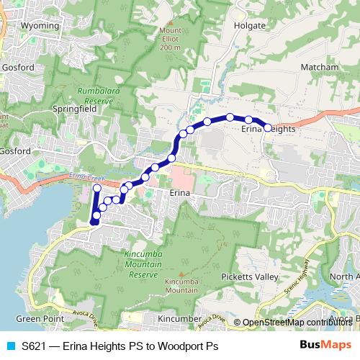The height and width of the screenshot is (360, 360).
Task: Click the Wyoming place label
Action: pos(40,25)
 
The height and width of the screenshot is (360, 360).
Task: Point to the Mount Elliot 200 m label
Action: pos(171,39)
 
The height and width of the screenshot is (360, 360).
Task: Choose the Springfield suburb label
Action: pos(75,109)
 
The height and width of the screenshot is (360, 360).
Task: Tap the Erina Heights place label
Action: pos(268,129)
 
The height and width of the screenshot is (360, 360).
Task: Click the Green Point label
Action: pos(36,318)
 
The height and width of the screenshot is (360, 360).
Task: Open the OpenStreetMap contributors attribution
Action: pos(298,323)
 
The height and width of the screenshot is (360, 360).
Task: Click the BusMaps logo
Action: pos(325,346)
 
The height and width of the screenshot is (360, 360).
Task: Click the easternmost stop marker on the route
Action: pos(268,127)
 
